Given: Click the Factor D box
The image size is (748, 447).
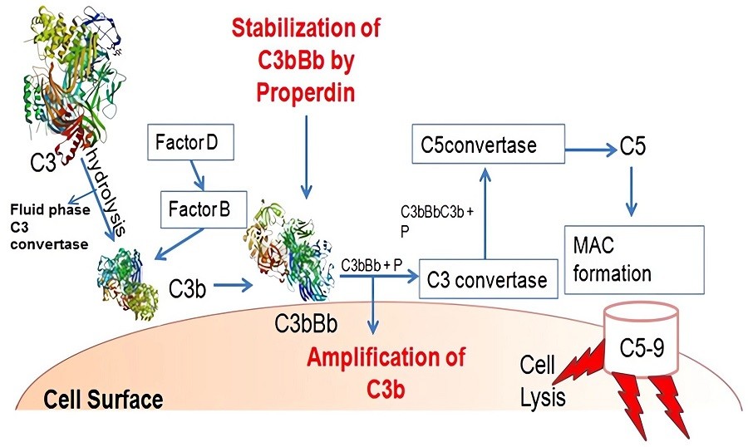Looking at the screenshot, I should (x=187, y=143).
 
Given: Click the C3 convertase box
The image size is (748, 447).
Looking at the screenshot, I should (x=487, y=280).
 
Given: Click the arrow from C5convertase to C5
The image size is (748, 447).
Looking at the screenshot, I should (x=589, y=148).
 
